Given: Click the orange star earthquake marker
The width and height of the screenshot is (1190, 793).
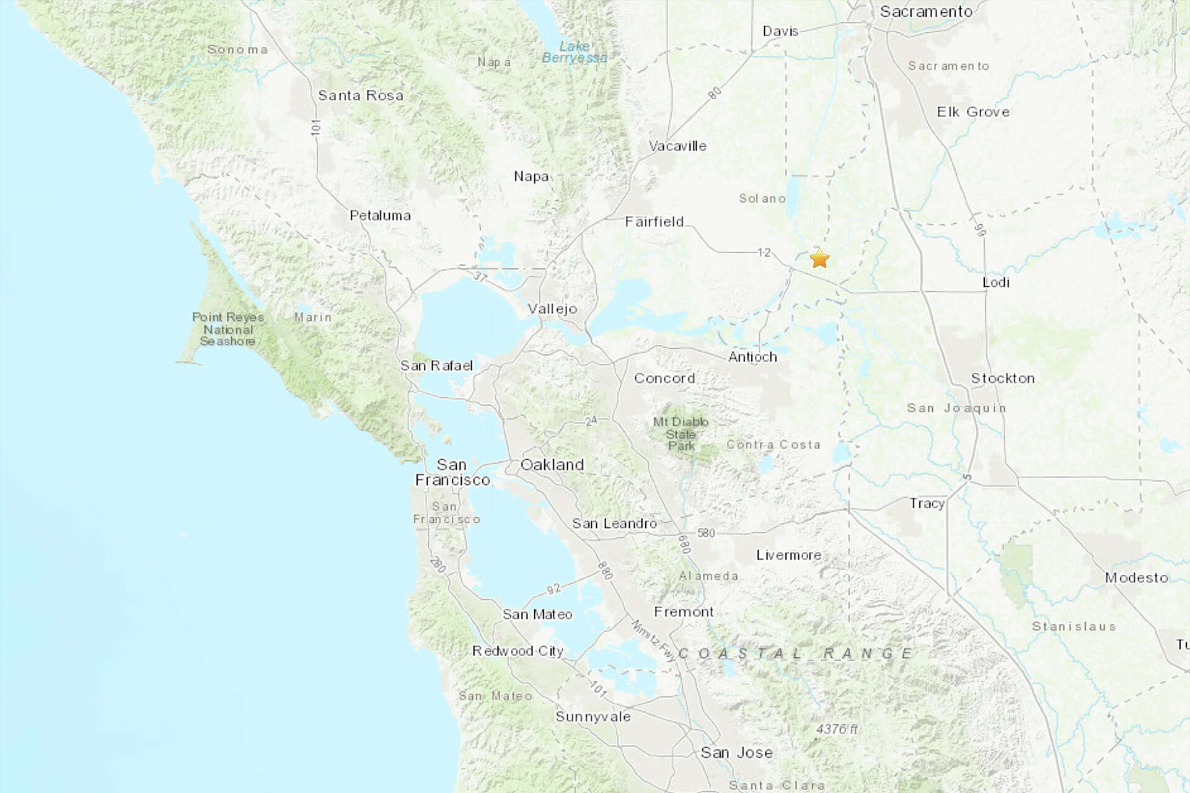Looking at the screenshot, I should [x=819, y=258].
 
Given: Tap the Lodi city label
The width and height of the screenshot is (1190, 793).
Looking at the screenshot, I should [x=996, y=282].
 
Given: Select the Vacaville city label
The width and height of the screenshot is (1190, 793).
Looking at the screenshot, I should [x=677, y=146].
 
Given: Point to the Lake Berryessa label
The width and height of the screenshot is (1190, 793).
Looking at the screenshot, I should [x=575, y=52].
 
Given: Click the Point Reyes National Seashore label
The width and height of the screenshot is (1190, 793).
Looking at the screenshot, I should [x=227, y=329].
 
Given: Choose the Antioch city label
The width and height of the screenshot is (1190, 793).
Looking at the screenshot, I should [x=752, y=357].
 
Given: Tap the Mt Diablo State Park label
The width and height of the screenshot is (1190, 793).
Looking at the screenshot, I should [x=681, y=434].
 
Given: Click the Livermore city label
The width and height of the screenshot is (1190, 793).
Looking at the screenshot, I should [x=789, y=555].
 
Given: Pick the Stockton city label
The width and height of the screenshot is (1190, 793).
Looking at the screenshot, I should [x=1003, y=379].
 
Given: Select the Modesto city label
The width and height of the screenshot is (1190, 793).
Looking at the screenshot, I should [x=1137, y=577].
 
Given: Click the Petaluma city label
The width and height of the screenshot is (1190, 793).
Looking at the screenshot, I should [x=380, y=216].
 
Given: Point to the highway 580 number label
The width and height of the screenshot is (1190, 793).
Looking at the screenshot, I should [x=706, y=533].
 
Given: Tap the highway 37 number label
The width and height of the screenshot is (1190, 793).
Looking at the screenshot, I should [x=480, y=277].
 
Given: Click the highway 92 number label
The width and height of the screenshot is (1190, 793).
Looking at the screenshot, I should [x=553, y=588].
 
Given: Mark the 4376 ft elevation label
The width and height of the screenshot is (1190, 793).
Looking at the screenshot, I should [x=837, y=729].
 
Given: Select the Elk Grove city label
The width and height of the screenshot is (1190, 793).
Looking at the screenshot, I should [x=973, y=112].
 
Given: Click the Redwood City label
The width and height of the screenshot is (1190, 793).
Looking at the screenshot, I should [x=518, y=651].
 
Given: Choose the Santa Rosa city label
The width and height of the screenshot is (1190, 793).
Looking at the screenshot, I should [x=361, y=95].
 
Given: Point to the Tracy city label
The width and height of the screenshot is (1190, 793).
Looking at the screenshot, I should [x=927, y=503].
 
